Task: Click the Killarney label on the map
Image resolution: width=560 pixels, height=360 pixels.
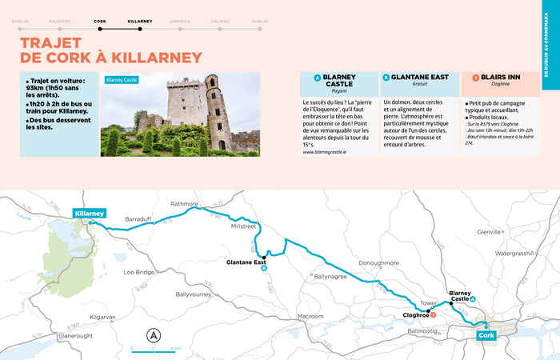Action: [x=89, y=214]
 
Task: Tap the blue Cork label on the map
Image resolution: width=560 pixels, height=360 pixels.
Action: [x=486, y=335]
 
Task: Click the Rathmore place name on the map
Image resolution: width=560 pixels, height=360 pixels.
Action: [x=183, y=204]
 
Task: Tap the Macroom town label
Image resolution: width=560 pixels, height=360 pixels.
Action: [x=310, y=316]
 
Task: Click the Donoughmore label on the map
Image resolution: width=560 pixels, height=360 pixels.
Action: [x=378, y=262]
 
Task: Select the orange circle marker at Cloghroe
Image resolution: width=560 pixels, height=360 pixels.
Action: [x=433, y=316]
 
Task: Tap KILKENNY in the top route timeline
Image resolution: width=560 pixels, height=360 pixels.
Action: [x=60, y=21]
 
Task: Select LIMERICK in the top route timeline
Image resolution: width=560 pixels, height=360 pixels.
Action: [x=181, y=21]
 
